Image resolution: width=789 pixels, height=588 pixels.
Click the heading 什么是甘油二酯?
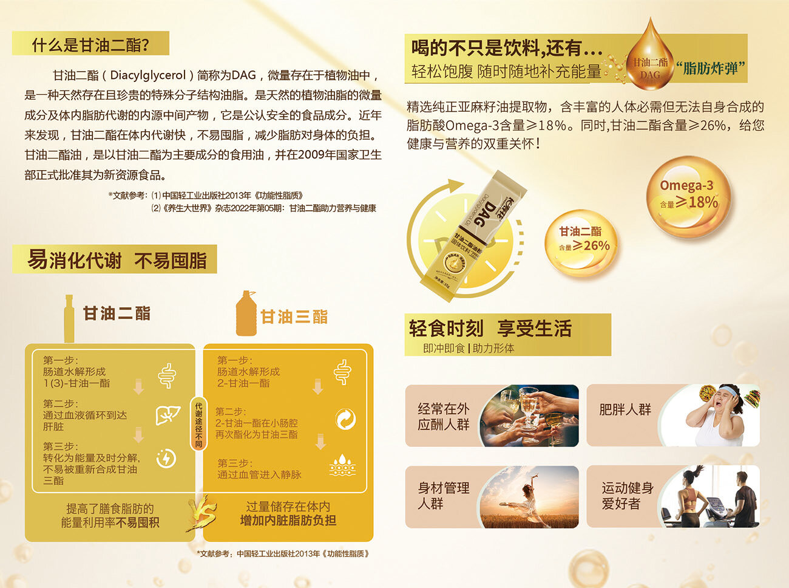pyautogui.click(x=90, y=44)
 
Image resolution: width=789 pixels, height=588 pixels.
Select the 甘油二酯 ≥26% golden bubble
pyautogui.click(x=582, y=239)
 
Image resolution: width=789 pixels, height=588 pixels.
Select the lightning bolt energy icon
pyautogui.click(x=166, y=459)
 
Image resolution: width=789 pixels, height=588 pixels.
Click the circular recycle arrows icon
pyautogui.click(x=345, y=419)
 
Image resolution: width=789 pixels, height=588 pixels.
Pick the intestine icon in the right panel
pyautogui.click(x=342, y=372)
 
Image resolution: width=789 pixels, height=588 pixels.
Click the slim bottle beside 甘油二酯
pyautogui.click(x=69, y=319)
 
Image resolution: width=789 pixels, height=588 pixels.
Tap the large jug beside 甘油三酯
pyautogui.click(x=246, y=314)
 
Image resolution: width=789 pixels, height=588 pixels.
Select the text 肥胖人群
pyautogui.click(x=625, y=410)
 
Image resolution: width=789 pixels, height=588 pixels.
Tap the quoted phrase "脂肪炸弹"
pyautogui.click(x=710, y=67)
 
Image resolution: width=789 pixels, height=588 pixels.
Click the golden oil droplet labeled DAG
pyautogui.click(x=650, y=61)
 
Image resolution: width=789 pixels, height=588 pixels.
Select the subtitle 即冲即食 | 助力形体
pyautogui.click(x=469, y=348)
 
